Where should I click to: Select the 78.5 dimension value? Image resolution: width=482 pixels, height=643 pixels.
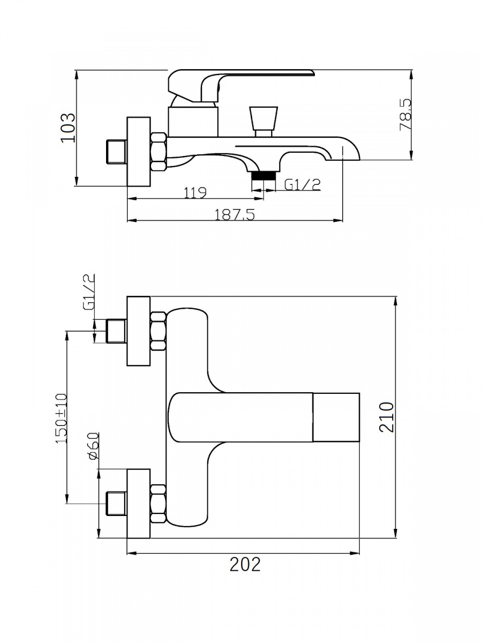point(406,115)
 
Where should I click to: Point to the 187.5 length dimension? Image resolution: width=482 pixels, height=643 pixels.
point(235,214)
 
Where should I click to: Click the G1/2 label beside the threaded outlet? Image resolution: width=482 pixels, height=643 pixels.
point(303,185)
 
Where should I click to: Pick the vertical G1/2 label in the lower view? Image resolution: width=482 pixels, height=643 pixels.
point(89,293)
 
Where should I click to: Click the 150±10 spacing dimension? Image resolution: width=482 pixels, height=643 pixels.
point(62,418)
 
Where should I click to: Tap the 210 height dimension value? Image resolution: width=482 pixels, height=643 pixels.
point(386,417)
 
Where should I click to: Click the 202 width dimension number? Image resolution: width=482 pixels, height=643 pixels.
point(245,564)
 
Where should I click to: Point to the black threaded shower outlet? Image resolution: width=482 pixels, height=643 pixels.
point(263,175)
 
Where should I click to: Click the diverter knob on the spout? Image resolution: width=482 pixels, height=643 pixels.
point(263,120)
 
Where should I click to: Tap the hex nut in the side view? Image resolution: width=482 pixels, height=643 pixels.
point(159,152)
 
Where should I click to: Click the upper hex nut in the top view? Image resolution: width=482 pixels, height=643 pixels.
point(159,331)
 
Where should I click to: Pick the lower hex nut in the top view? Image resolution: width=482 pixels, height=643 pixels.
point(159,503)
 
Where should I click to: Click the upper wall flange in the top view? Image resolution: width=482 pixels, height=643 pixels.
point(139,331)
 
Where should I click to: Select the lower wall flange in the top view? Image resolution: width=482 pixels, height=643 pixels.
point(139,503)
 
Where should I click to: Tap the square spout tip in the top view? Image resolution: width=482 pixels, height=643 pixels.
point(336,417)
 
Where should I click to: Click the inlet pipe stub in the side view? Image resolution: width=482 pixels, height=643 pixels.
point(116,152)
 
